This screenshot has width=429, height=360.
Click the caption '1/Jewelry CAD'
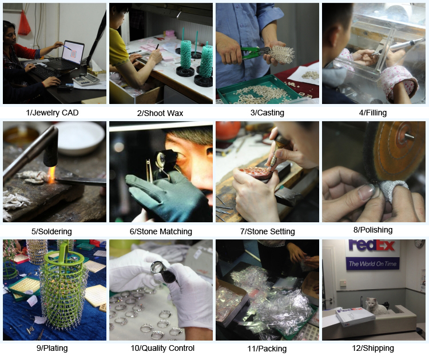[52, 113]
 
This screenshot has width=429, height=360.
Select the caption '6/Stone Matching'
[161, 231]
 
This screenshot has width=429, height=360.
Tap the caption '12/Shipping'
[373, 348]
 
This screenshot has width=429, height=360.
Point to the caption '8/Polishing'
[373, 230]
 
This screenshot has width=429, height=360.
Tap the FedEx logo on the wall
[372, 245]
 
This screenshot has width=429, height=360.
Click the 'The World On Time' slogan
[372, 264]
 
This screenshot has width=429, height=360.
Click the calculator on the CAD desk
[86, 80]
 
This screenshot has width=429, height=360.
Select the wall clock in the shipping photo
[419, 243]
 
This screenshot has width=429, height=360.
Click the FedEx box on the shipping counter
[355, 317]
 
